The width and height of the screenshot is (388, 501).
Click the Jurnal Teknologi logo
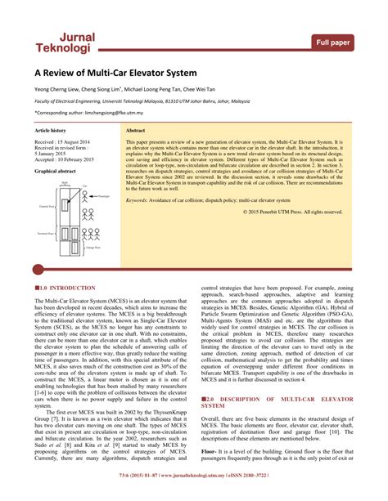(65, 43)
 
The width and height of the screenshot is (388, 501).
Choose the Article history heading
(50, 131)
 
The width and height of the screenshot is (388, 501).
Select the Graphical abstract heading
(55, 172)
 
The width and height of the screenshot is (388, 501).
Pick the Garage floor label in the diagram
(92, 246)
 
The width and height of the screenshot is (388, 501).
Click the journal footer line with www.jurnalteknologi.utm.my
(194, 496)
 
